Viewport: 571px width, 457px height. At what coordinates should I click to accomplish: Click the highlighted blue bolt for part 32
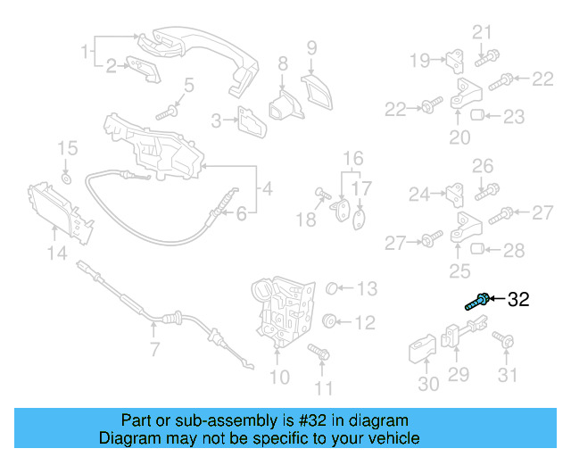[476, 301]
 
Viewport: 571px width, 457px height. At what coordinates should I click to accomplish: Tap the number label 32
[518, 300]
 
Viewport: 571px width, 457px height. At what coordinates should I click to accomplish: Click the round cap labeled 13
[330, 287]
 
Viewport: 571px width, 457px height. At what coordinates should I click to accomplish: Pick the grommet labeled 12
[327, 320]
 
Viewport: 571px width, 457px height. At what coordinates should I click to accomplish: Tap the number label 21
[482, 33]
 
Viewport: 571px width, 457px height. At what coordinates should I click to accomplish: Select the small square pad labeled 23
[477, 115]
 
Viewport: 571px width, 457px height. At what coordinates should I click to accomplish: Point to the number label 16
[354, 157]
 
